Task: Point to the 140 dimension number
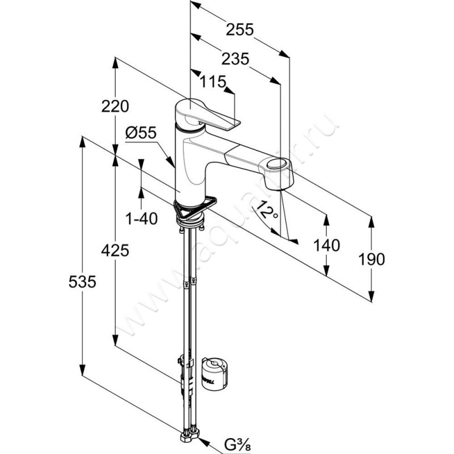327,245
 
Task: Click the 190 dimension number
372,259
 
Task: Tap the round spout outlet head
276,166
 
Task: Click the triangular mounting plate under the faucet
196,207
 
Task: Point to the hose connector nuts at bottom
190,436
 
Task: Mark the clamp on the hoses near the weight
183,363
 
